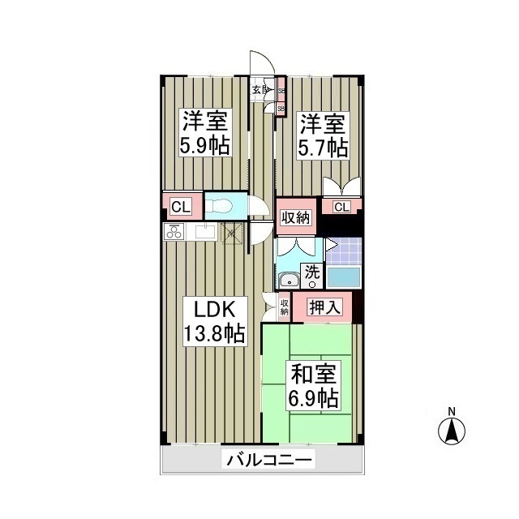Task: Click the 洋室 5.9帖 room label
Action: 204,134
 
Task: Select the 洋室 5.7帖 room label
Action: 324,135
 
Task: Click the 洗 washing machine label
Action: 312,273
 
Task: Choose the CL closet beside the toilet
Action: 181,207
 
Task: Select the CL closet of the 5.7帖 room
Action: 341,207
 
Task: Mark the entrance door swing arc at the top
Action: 259,65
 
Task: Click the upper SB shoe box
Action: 281,91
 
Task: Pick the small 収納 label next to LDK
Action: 285,307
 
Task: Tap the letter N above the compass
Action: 453,410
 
